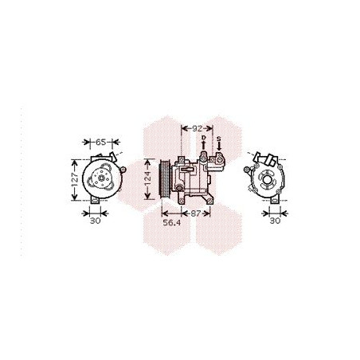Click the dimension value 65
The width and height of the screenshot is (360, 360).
tap(100, 142)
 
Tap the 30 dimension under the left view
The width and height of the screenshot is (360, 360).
tap(95, 221)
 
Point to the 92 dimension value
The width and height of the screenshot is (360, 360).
tap(197, 127)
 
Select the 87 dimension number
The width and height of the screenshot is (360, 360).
tap(196, 213)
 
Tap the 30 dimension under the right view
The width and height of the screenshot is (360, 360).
tap(275, 221)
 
